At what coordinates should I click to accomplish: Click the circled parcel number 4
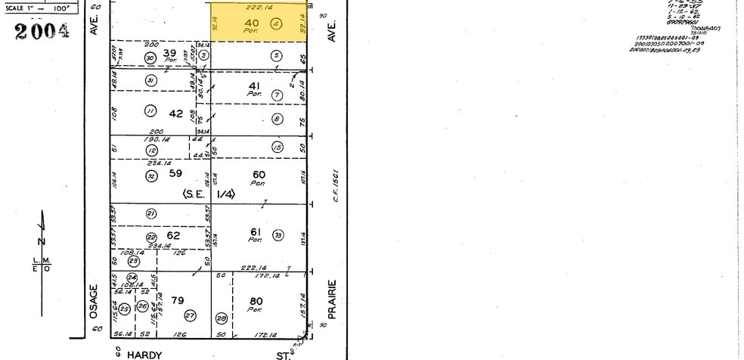276,23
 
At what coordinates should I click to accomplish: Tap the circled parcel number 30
150,57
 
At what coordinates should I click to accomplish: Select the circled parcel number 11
150,111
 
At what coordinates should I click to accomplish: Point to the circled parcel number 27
190,315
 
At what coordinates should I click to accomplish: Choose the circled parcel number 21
150,213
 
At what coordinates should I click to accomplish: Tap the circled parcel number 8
277,119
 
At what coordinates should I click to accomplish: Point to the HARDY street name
144,353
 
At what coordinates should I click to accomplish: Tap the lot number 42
176,113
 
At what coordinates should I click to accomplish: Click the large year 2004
42,32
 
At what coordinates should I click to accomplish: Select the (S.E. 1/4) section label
208,194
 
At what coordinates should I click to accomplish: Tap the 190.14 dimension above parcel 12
155,139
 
